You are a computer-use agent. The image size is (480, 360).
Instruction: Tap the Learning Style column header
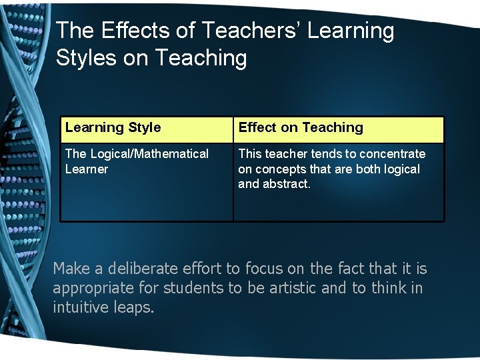(x=113, y=127)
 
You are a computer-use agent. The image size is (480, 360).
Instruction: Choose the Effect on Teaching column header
(x=301, y=127)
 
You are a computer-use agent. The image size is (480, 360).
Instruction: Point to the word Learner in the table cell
(x=87, y=169)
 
